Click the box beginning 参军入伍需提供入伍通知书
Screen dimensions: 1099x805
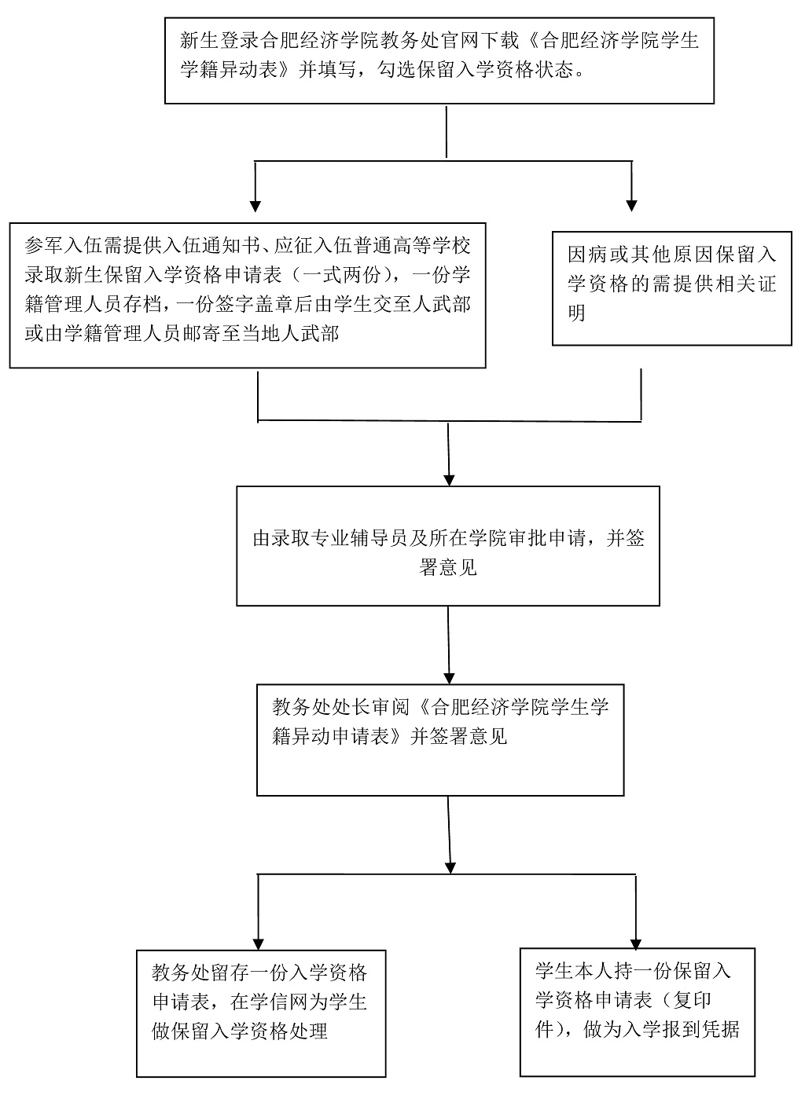coord(247,295)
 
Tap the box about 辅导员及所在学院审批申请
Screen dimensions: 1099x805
coord(448,545)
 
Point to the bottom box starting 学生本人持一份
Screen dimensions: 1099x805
coord(637,1012)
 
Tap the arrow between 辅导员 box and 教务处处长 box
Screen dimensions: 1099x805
coord(449,676)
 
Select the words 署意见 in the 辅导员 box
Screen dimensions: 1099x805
coord(448,568)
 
